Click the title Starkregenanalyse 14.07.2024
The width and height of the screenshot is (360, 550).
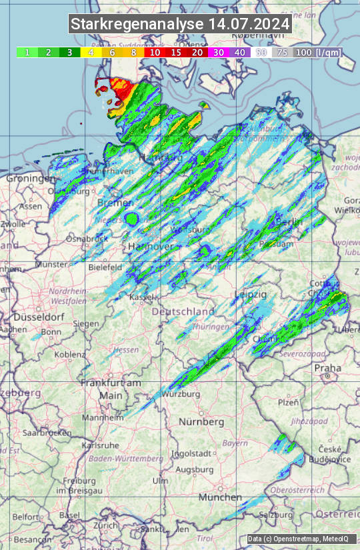coord(180,25)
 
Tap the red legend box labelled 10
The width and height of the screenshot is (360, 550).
coord(155,52)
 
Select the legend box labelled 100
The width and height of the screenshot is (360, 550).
coord(303,52)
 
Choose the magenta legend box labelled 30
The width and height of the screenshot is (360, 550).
coord(219,52)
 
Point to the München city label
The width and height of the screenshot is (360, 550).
coord(219,497)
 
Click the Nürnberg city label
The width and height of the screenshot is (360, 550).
coord(201,422)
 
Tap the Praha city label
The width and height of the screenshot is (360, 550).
coord(327,368)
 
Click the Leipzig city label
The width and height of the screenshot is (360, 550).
coord(251,294)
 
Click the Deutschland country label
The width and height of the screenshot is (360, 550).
coord(183,311)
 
